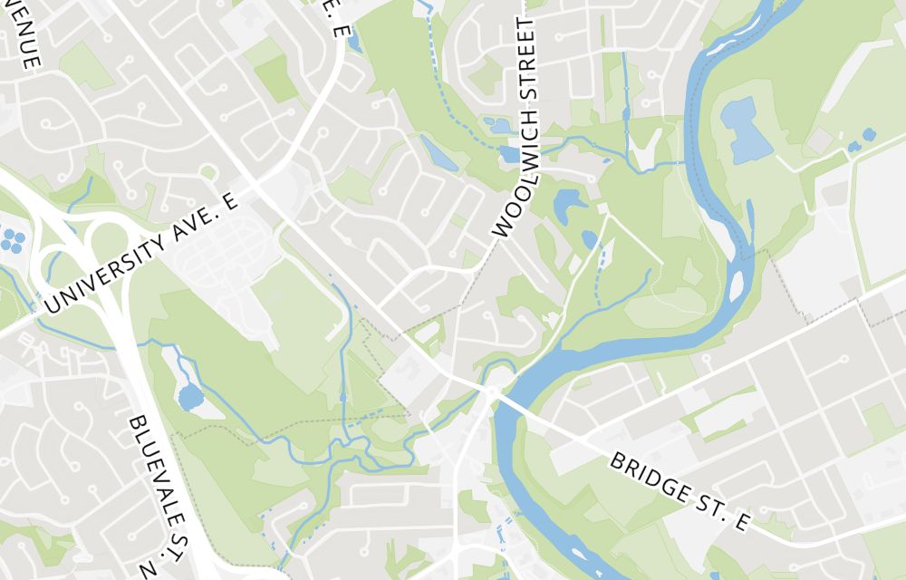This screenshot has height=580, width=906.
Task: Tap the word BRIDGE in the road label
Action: tap(650, 474)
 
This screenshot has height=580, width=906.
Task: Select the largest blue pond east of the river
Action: tap(741, 130)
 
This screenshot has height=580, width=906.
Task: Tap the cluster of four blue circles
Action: tap(12, 240)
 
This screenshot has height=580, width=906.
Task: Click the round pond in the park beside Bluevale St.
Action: tap(190, 397)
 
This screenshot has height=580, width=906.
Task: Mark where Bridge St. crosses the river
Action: tap(512, 402)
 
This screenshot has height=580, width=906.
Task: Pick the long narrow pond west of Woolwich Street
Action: tap(439, 152)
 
